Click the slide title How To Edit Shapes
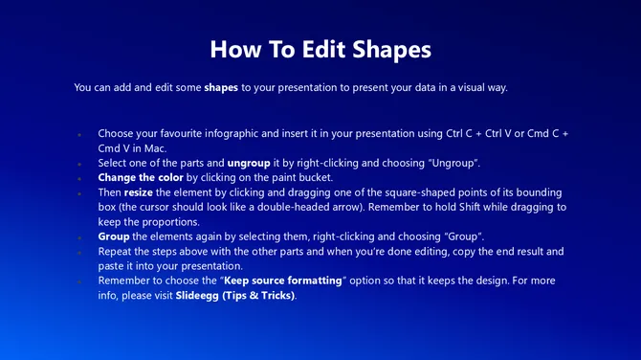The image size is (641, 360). click(320, 48)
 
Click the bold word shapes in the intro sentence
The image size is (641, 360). click(221, 87)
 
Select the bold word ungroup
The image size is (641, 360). click(248, 163)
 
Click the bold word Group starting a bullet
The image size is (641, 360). click(114, 236)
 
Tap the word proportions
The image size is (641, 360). click(182, 221)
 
